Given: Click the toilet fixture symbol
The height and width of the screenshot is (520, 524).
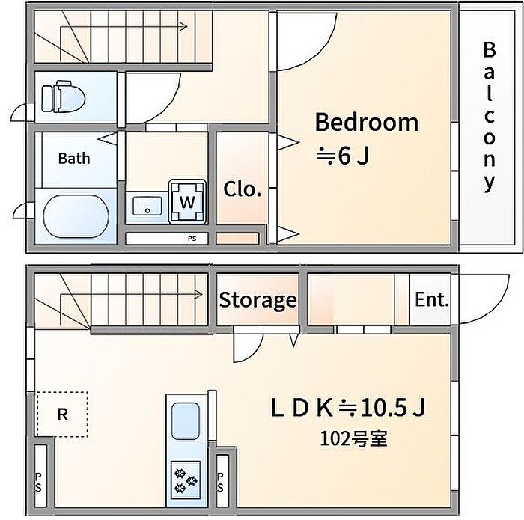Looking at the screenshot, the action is pos(63,97).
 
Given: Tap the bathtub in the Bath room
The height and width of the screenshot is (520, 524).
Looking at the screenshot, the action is pos(76,216).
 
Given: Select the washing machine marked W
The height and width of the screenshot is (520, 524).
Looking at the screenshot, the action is pos(187,201).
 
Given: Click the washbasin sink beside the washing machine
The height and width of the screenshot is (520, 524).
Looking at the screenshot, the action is pos(147,206).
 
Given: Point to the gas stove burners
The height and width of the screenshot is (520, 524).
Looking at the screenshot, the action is pos(186,480).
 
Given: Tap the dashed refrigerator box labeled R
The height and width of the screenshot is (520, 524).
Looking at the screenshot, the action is pos(62,415).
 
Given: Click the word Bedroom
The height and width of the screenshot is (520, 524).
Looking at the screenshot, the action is pos(367,122).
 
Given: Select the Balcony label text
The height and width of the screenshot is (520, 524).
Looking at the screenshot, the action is pos(489,117).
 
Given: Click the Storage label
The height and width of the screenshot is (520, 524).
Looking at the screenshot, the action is pos(258,300).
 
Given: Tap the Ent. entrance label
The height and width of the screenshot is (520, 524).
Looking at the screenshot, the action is pos(431,299).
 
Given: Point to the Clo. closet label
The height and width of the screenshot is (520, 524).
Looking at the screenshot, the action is pos(242,189).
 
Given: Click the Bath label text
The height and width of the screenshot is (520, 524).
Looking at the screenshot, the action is pos(74,158).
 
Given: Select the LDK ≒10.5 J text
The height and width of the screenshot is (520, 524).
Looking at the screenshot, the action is pos(348,408).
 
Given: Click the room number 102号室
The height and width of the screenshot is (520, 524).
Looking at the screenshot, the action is pos(353,438).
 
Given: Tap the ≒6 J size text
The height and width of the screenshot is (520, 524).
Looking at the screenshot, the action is pos(343,156).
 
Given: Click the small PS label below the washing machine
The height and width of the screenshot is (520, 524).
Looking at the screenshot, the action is pos(192,239).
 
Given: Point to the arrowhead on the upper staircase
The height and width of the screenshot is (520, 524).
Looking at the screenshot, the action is pos(183,26).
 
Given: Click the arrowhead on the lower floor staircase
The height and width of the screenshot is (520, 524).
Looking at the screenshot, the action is pos(198,295).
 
